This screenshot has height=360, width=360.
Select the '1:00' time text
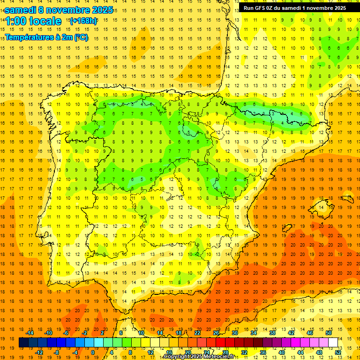click(x=15, y=21)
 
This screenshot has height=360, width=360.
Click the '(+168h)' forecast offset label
click(x=83, y=21)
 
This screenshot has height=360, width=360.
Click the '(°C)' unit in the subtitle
click(x=79, y=37)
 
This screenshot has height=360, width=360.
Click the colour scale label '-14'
click(x=30, y=333)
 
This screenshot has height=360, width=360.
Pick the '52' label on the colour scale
click(x=338, y=352)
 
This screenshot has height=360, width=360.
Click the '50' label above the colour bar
click(x=329, y=333)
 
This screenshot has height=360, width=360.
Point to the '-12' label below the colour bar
click(x=39, y=352)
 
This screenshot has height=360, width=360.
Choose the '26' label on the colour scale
click(x=216, y=333)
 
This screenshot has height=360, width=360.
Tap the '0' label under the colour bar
click(x=93, y=352)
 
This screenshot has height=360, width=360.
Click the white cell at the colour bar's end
click(x=333, y=343)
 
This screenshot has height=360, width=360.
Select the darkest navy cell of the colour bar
click(x=23, y=343)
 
